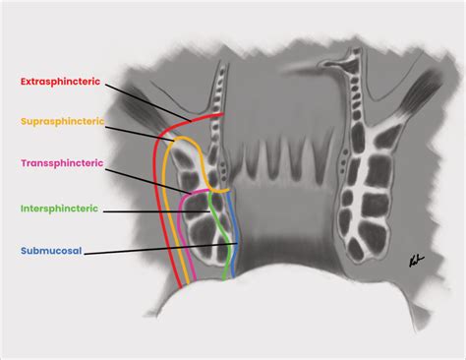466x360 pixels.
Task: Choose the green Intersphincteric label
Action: (58, 210)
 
